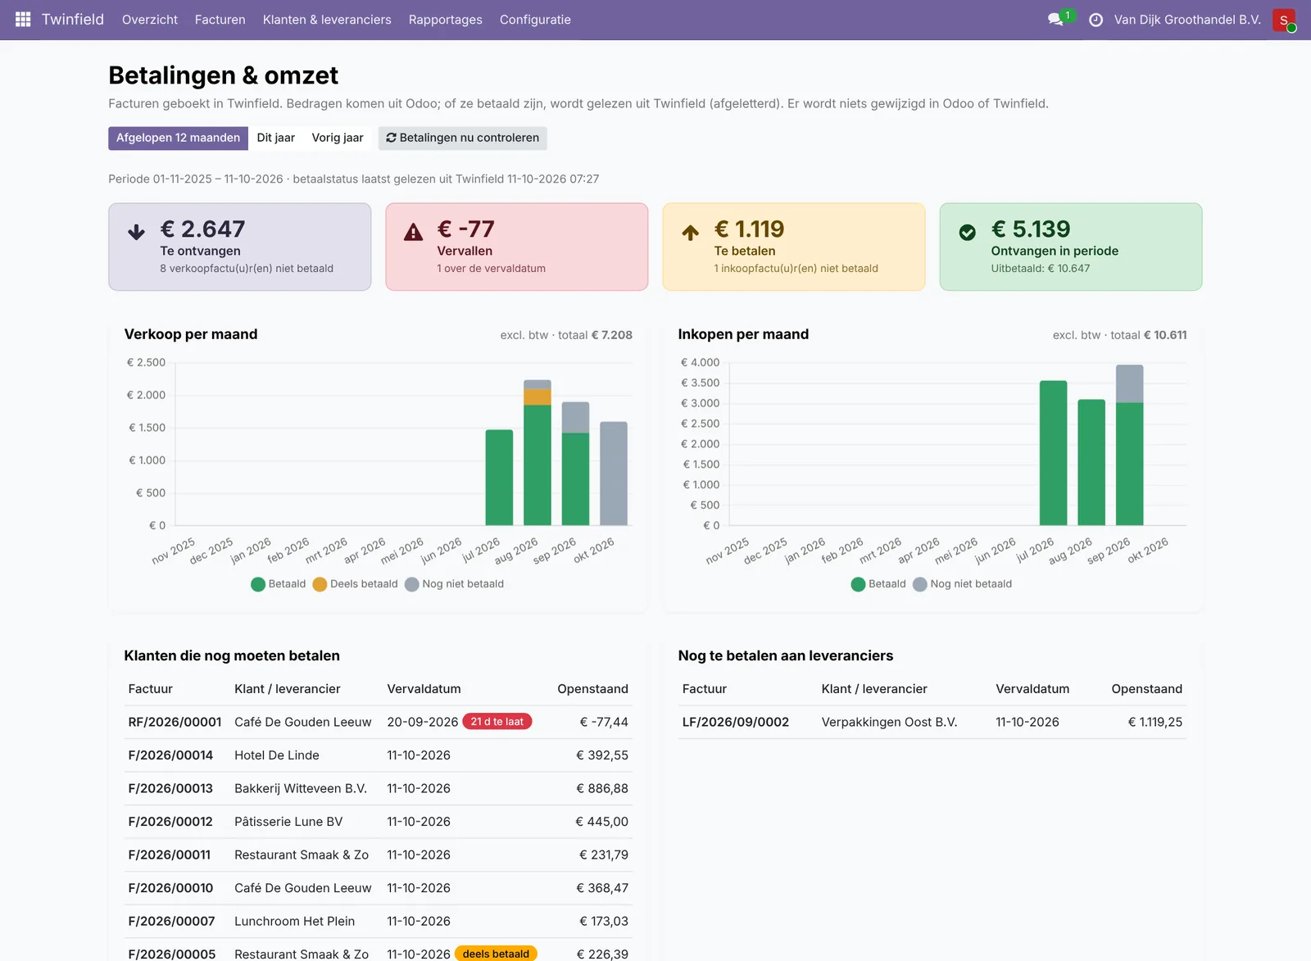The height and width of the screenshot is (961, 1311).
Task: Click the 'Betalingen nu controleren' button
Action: [x=462, y=138]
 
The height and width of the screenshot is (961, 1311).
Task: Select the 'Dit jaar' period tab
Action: [x=275, y=138]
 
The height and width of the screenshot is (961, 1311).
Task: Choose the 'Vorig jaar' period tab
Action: [x=337, y=138]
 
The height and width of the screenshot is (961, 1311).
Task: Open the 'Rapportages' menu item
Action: [x=446, y=20]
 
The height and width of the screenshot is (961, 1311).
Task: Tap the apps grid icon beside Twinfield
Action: [x=23, y=20]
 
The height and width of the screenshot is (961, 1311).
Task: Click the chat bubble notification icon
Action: [x=1055, y=20]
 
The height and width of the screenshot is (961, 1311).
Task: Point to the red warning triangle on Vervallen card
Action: [x=413, y=233]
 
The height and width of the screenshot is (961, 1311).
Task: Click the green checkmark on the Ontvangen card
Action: [x=968, y=233]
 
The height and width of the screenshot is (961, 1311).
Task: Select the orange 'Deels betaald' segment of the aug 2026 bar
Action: [x=538, y=397]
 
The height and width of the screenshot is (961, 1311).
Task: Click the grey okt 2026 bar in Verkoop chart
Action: [x=614, y=474]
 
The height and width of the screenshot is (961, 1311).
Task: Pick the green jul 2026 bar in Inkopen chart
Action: [x=1054, y=453]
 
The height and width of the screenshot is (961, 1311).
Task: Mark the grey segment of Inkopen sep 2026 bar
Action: [x=1130, y=384]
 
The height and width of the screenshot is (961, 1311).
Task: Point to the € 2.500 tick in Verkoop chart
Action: [x=147, y=362]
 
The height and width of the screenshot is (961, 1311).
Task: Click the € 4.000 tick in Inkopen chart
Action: [x=701, y=362]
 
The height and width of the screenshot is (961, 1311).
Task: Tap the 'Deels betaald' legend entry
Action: [x=356, y=584]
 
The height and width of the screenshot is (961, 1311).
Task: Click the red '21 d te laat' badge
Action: [x=497, y=722]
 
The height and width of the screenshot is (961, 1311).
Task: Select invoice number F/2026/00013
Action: [x=170, y=788]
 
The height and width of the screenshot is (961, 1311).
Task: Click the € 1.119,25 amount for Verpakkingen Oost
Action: [x=1155, y=723]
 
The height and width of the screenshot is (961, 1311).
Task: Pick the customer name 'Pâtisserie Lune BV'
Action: [x=288, y=822]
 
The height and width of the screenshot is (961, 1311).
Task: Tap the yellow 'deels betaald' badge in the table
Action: [x=496, y=954]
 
